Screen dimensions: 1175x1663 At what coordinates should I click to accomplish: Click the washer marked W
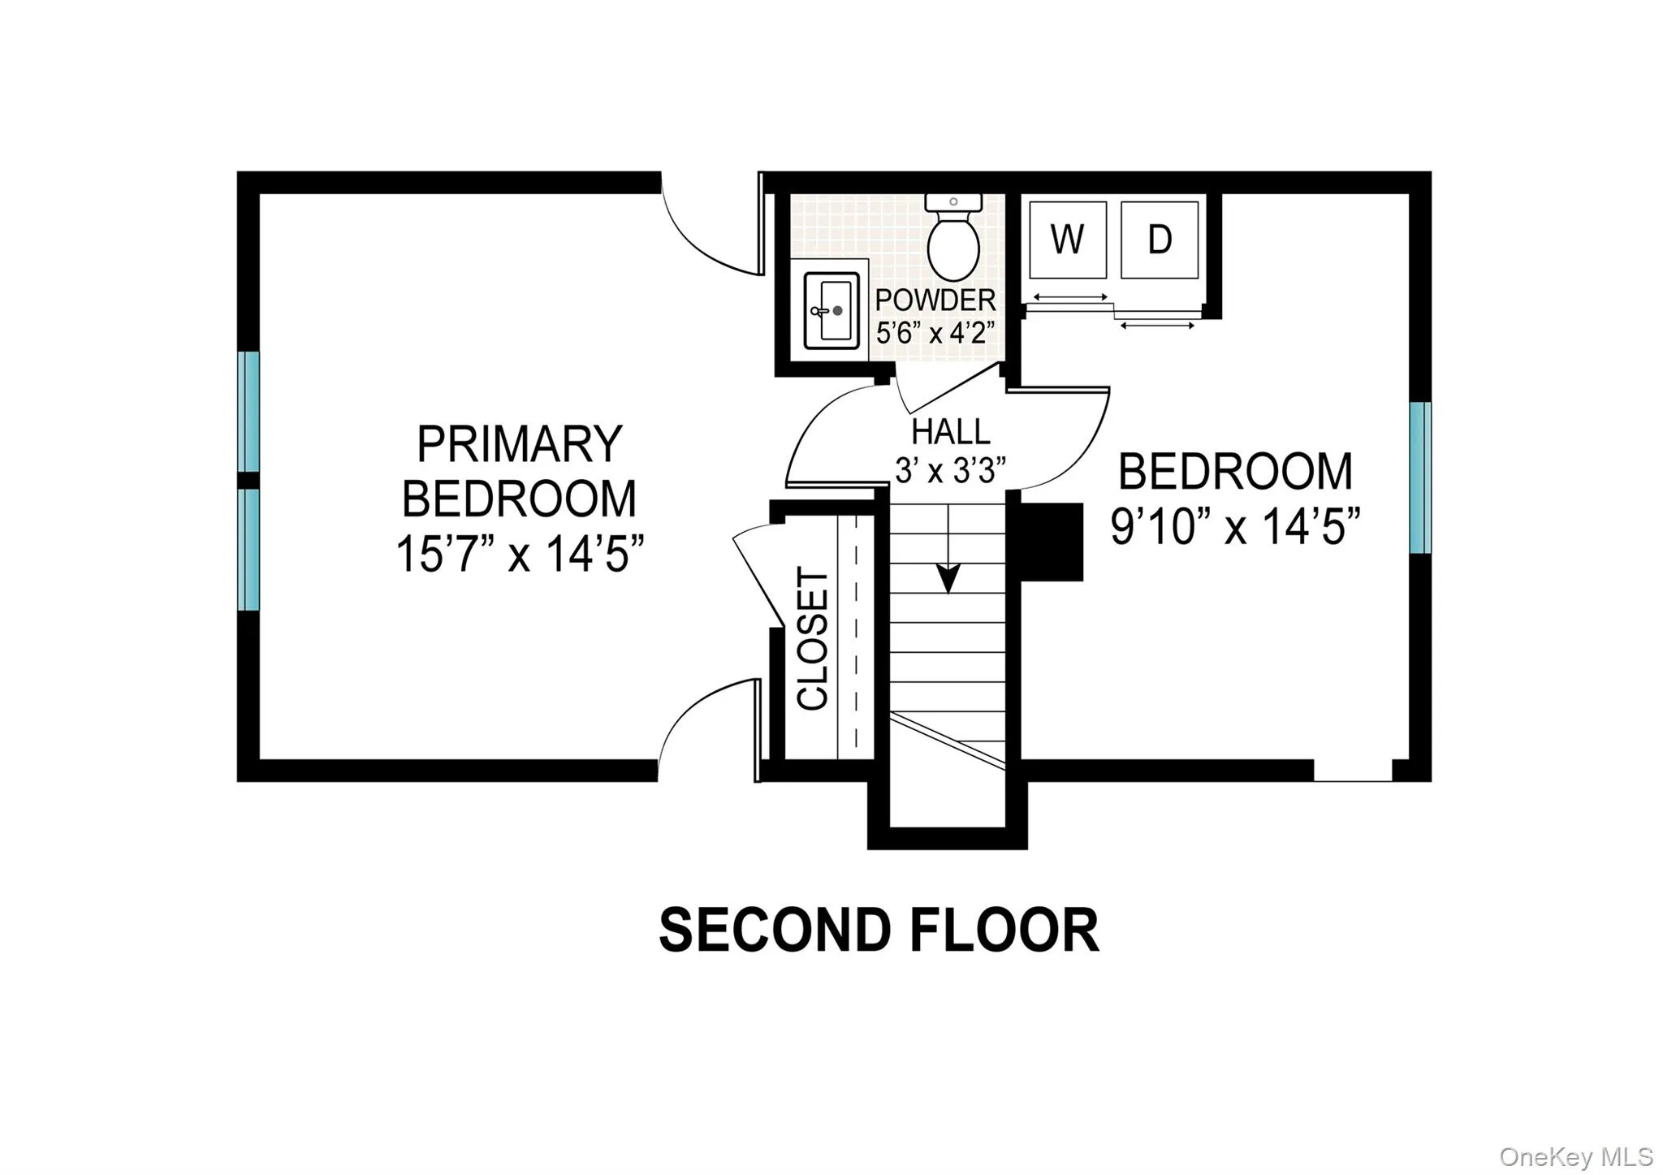[x=1067, y=240]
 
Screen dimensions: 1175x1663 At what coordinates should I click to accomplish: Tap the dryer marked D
[x=1159, y=240]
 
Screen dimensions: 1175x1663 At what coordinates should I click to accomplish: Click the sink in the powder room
[x=831, y=310]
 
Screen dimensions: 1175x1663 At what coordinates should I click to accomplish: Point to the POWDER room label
[x=935, y=300]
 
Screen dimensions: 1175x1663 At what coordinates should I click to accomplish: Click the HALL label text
[x=950, y=431]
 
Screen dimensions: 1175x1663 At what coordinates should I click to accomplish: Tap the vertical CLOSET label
[x=813, y=638]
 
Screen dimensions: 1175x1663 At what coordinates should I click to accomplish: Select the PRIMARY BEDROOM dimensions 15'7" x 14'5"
[x=519, y=555]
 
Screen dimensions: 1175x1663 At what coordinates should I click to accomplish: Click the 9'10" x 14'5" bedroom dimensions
[x=1235, y=526]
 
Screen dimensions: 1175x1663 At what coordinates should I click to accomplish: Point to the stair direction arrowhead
[x=948, y=577]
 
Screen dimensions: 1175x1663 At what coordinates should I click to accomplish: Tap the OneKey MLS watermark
[x=1575, y=1156]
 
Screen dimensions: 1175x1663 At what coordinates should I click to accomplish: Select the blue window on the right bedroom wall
[x=1419, y=477]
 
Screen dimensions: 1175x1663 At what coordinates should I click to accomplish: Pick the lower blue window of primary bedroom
[x=248, y=549]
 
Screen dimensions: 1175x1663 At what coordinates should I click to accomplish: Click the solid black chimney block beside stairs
[x=1052, y=542]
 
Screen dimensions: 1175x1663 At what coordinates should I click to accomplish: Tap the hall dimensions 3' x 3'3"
[x=950, y=470]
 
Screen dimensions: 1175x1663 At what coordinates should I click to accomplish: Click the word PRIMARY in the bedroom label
[x=519, y=444]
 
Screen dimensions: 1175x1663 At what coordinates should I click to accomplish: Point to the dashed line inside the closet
[x=856, y=633]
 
